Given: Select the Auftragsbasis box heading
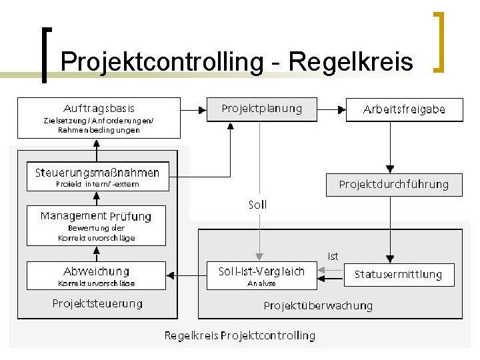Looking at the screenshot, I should pyautogui.click(x=99, y=108).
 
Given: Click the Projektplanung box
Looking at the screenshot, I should pyautogui.click(x=261, y=109).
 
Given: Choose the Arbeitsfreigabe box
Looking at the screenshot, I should pyautogui.click(x=404, y=109).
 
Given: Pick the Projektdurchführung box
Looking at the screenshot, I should pyautogui.click(x=393, y=185).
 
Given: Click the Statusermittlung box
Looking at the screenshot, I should pyautogui.click(x=397, y=274).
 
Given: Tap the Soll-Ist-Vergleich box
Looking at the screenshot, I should pyautogui.click(x=261, y=275).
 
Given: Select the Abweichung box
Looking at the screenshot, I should pyautogui.click(x=97, y=275).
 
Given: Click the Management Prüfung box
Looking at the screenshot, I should pyautogui.click(x=96, y=225).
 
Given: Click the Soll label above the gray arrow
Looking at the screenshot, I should pyautogui.click(x=257, y=205).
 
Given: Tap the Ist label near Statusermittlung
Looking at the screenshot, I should pyautogui.click(x=333, y=256).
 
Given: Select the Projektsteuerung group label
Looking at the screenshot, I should pyautogui.click(x=97, y=304).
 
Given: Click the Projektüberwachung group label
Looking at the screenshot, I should pyautogui.click(x=318, y=306).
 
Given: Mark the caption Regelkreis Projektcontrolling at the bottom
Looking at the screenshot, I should pyautogui.click(x=239, y=335).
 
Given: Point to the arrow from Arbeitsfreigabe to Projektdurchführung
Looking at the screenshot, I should pyautogui.click(x=391, y=147).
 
